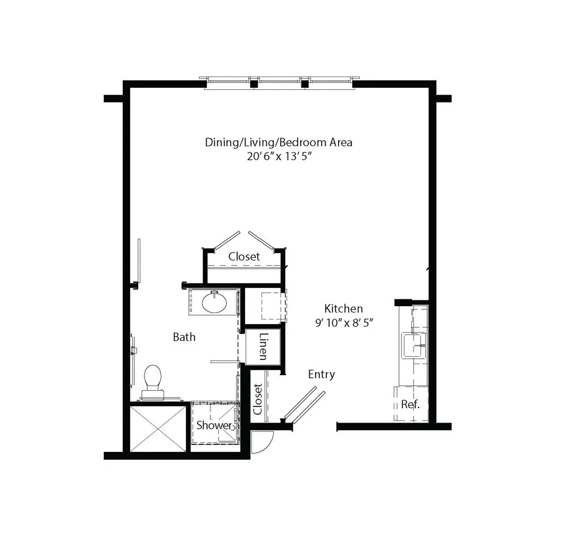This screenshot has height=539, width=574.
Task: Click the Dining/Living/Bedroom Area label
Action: (278, 142)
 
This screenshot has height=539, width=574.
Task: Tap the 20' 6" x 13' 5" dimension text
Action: (279, 156)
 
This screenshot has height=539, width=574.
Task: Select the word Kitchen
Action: (343, 308)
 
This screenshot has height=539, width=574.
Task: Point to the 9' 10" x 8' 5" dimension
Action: (344, 323)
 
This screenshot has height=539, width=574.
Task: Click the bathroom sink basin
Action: (215, 302)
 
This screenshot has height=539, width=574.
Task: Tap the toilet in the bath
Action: (153, 382)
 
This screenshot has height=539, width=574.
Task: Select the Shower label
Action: (214, 425)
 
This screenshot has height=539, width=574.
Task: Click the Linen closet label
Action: (263, 347)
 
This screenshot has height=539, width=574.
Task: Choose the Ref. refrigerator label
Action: (410, 404)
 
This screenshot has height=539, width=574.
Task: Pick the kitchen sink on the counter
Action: (414, 345)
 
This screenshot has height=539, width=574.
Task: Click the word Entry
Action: (322, 375)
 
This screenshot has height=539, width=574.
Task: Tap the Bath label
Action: (184, 337)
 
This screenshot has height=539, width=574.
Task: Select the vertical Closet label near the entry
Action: (258, 399)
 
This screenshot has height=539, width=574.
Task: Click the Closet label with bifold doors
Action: (244, 256)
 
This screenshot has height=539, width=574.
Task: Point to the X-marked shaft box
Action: (158, 428)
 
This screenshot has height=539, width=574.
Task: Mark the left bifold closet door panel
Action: (227, 241)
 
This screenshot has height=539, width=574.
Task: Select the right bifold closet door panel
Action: (261, 241)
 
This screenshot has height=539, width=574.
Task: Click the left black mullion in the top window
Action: (254, 84)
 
